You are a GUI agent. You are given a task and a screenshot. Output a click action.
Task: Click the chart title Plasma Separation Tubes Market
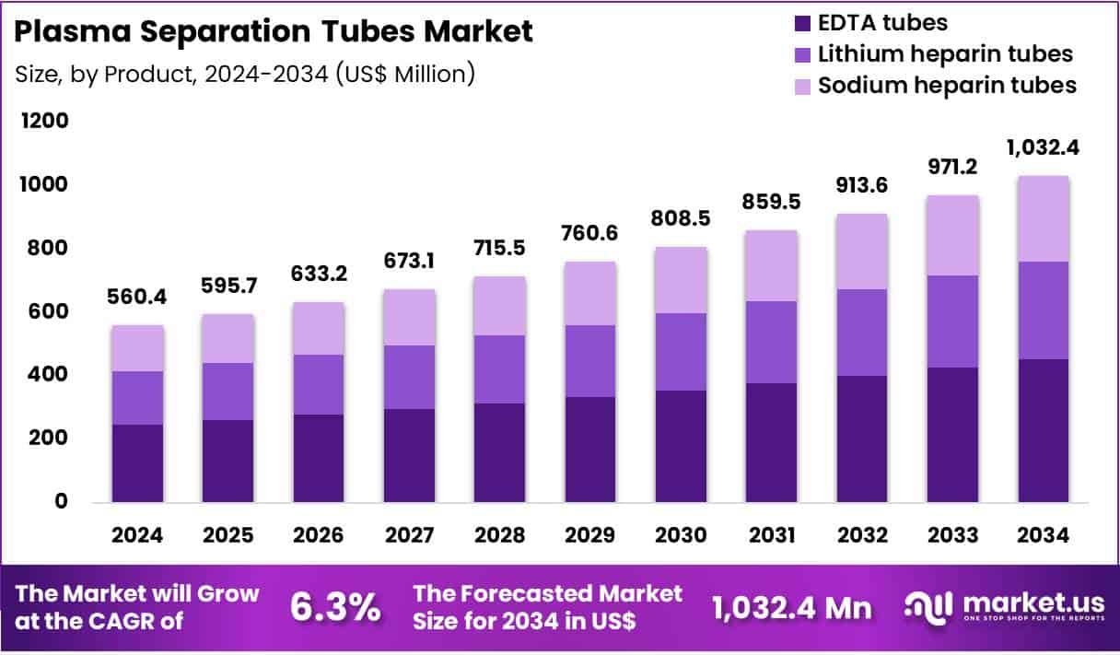[274, 31]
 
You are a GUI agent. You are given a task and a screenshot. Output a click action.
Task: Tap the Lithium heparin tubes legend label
[945, 53]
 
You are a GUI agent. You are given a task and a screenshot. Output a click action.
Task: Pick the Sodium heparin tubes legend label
[947, 85]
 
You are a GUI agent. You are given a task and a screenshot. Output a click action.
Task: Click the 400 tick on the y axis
[47, 375]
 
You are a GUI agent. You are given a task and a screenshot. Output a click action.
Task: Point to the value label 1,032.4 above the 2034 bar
[1043, 147]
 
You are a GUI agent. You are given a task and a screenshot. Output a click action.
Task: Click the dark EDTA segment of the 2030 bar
[681, 446]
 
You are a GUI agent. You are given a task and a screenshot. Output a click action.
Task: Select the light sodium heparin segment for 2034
[1043, 218]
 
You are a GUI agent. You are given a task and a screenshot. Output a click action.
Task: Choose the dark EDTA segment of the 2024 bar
[137, 462]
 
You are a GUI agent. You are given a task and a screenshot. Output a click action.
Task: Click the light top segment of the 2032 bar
[861, 251]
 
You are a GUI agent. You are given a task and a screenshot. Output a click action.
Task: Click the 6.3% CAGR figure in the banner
[335, 607]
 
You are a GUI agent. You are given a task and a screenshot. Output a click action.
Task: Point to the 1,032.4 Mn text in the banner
[791, 607]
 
